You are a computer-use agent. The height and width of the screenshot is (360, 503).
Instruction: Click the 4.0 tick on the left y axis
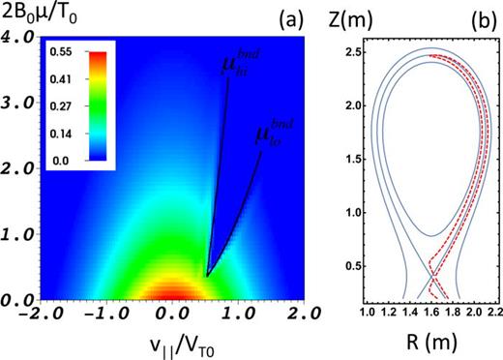17,36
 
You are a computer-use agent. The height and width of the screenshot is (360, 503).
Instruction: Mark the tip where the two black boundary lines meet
206,276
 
